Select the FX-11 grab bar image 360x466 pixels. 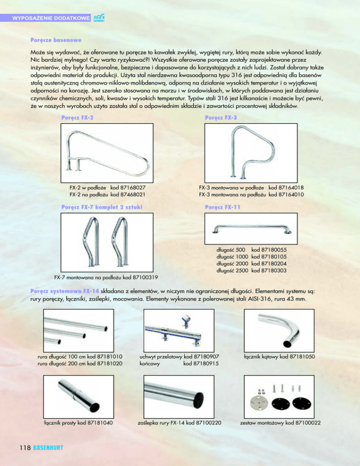(252, 229)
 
